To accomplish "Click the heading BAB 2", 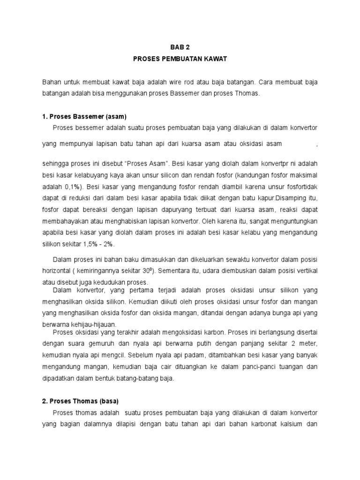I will pos(180,47).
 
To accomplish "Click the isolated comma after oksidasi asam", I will pos(317,146).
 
